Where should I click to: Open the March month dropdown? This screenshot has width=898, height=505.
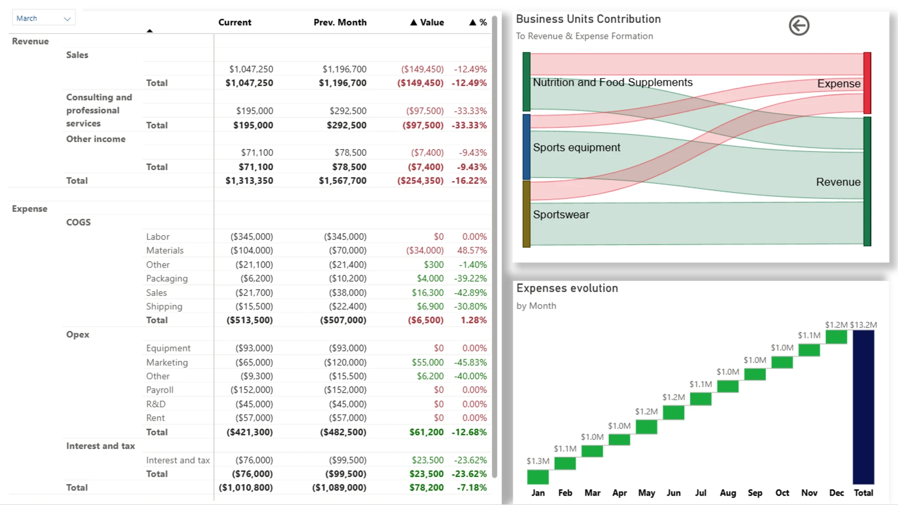[x=43, y=18]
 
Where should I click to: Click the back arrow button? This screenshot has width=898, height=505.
[x=799, y=25]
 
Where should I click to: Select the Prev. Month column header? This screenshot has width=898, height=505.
[x=340, y=22]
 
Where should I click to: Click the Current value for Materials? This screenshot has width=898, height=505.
[x=252, y=251]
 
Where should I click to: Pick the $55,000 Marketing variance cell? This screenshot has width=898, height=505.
[x=427, y=362]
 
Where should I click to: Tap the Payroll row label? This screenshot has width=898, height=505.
[x=159, y=390]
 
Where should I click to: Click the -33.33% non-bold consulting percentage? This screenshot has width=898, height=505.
[x=470, y=111]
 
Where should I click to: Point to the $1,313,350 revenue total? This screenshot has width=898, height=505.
[x=249, y=180]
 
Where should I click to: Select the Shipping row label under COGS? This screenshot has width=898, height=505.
[x=164, y=306]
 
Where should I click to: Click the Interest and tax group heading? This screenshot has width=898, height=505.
[x=101, y=446]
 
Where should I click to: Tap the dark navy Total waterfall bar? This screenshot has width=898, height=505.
[x=863, y=407]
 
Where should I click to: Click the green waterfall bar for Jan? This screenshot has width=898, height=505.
[x=538, y=477]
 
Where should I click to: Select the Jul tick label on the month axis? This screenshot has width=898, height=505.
[x=701, y=493]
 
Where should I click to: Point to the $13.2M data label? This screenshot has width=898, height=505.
[x=863, y=325]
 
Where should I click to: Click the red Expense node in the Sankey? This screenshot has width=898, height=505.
[x=867, y=83]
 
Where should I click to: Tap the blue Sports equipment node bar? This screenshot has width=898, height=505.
[x=527, y=147]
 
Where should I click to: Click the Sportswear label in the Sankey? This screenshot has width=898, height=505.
[x=561, y=215]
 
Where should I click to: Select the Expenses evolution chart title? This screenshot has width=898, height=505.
[x=567, y=288]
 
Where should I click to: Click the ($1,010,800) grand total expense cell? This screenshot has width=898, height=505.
[x=246, y=488]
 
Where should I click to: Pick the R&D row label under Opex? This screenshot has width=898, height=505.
[x=156, y=404]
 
